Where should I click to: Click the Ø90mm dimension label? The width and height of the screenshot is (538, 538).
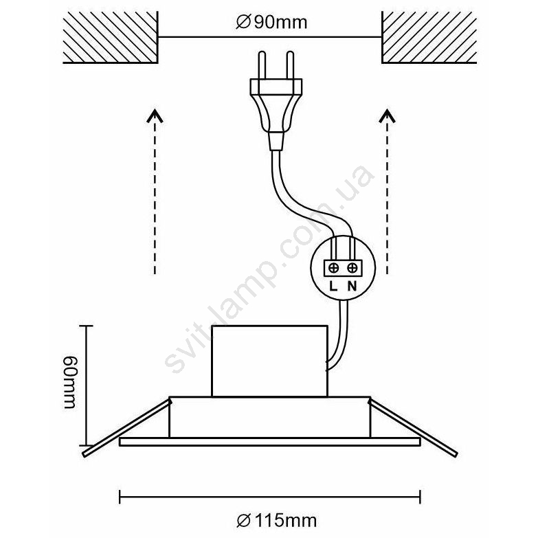(271, 23)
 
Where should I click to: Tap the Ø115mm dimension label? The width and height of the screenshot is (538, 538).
(276, 521)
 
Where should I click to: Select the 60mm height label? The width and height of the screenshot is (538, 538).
(71, 383)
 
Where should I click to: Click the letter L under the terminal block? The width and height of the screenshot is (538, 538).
(333, 286)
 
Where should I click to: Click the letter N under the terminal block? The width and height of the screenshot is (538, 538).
(352, 286)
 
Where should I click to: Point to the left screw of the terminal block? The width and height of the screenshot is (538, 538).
(333, 268)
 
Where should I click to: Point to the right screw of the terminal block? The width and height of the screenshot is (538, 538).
(352, 268)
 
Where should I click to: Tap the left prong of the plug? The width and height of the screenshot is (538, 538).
(262, 65)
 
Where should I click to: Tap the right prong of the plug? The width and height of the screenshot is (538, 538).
(290, 65)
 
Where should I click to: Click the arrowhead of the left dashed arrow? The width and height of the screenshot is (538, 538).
(155, 116)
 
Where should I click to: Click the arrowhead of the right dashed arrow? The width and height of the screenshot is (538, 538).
(388, 116)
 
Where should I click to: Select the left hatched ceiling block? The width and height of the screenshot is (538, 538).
(111, 37)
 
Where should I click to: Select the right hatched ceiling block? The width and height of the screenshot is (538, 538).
(429, 37)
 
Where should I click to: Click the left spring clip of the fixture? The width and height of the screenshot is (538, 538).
(127, 427)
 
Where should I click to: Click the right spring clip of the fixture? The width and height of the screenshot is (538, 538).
(414, 427)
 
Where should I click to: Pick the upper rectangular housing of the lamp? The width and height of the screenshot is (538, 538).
(269, 361)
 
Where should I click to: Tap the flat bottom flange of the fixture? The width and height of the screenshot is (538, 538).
(269, 442)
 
